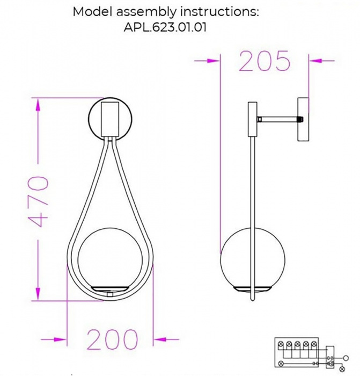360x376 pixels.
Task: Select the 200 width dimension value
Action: [x=112, y=339]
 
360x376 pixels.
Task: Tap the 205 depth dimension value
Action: [x=264, y=62]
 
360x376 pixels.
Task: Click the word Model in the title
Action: [x=90, y=11]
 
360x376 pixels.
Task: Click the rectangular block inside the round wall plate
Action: [x=111, y=118]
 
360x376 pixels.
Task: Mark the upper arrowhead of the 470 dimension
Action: [x=38, y=105]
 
